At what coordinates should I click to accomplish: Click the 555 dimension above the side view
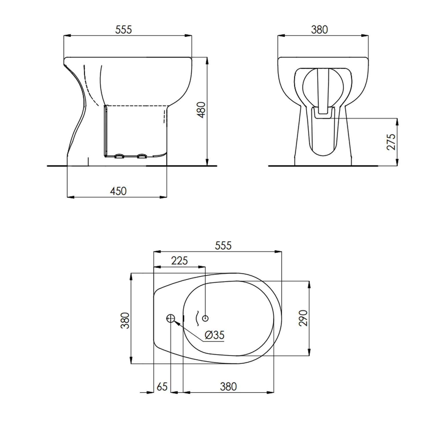point(124,30)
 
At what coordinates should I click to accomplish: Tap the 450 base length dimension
point(118,191)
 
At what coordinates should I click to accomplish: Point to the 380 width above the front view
point(319,30)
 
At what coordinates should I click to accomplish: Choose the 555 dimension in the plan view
point(223,245)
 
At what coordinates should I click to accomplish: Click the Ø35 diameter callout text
point(214,335)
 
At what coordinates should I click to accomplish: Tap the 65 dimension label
point(162,387)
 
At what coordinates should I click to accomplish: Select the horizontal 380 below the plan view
point(228,387)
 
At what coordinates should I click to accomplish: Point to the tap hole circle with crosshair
point(171,319)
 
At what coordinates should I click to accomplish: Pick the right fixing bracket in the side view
point(141,156)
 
